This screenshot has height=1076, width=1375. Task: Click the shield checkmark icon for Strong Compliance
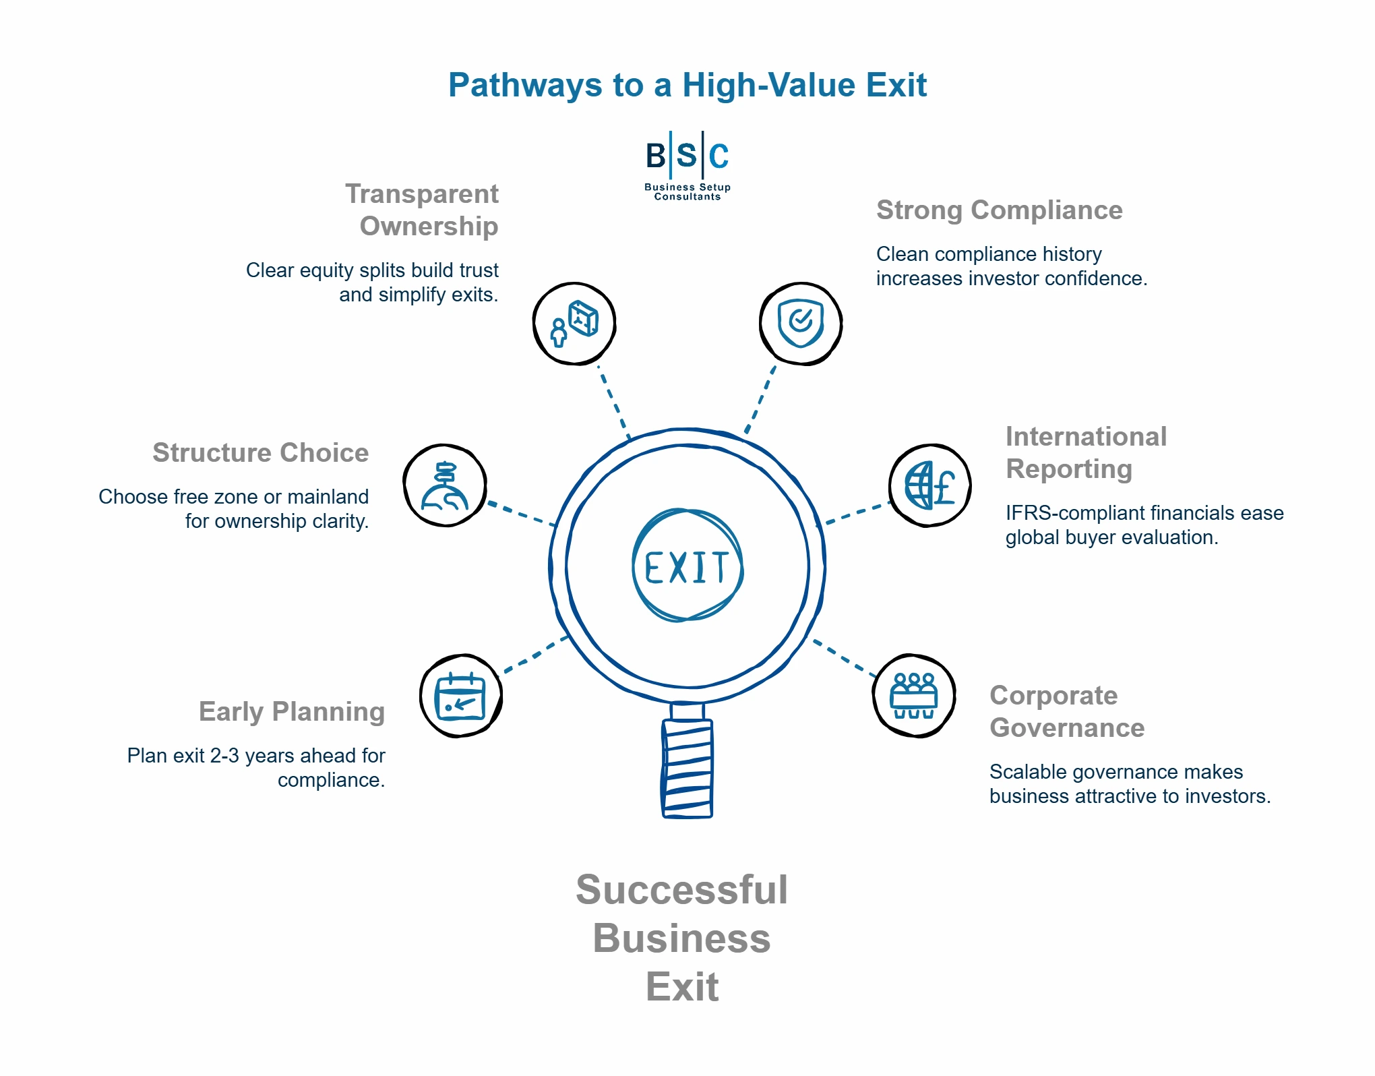(x=800, y=324)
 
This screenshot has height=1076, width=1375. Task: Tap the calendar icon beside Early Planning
(x=460, y=696)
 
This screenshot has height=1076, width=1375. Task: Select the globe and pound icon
(x=929, y=485)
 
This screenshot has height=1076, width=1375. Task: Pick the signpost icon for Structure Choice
(x=445, y=485)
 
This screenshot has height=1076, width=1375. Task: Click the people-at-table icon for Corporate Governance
(x=913, y=696)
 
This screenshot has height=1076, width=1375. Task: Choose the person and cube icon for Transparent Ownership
(x=574, y=324)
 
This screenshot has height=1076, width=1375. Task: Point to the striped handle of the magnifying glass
(x=687, y=769)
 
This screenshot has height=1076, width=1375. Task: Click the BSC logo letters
(x=687, y=156)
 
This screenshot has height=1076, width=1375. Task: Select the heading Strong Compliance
(x=999, y=210)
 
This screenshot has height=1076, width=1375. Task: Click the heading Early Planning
(x=291, y=712)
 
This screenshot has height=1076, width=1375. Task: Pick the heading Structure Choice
(x=260, y=453)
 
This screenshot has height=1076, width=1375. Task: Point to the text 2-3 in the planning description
(x=224, y=756)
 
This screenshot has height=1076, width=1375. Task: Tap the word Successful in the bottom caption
(x=681, y=890)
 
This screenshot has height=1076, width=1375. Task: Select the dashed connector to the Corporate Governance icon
(x=844, y=657)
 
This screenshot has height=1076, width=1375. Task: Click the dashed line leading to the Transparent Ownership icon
(x=613, y=402)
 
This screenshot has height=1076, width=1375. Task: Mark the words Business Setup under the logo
(x=687, y=187)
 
